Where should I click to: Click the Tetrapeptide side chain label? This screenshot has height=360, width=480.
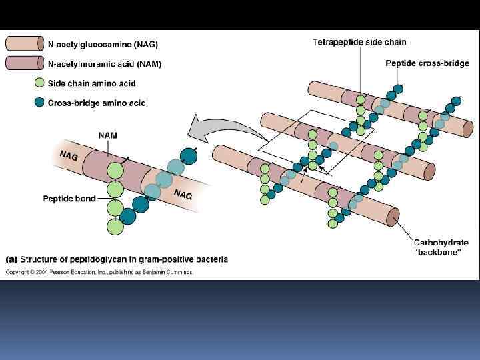pyautogui.click(x=359, y=42)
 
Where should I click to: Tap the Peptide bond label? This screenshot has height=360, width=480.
pyautogui.click(x=69, y=198)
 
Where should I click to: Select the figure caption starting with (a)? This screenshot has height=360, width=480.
pyautogui.click(x=117, y=259)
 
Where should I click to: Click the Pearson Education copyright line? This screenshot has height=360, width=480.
pyautogui.click(x=100, y=272)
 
